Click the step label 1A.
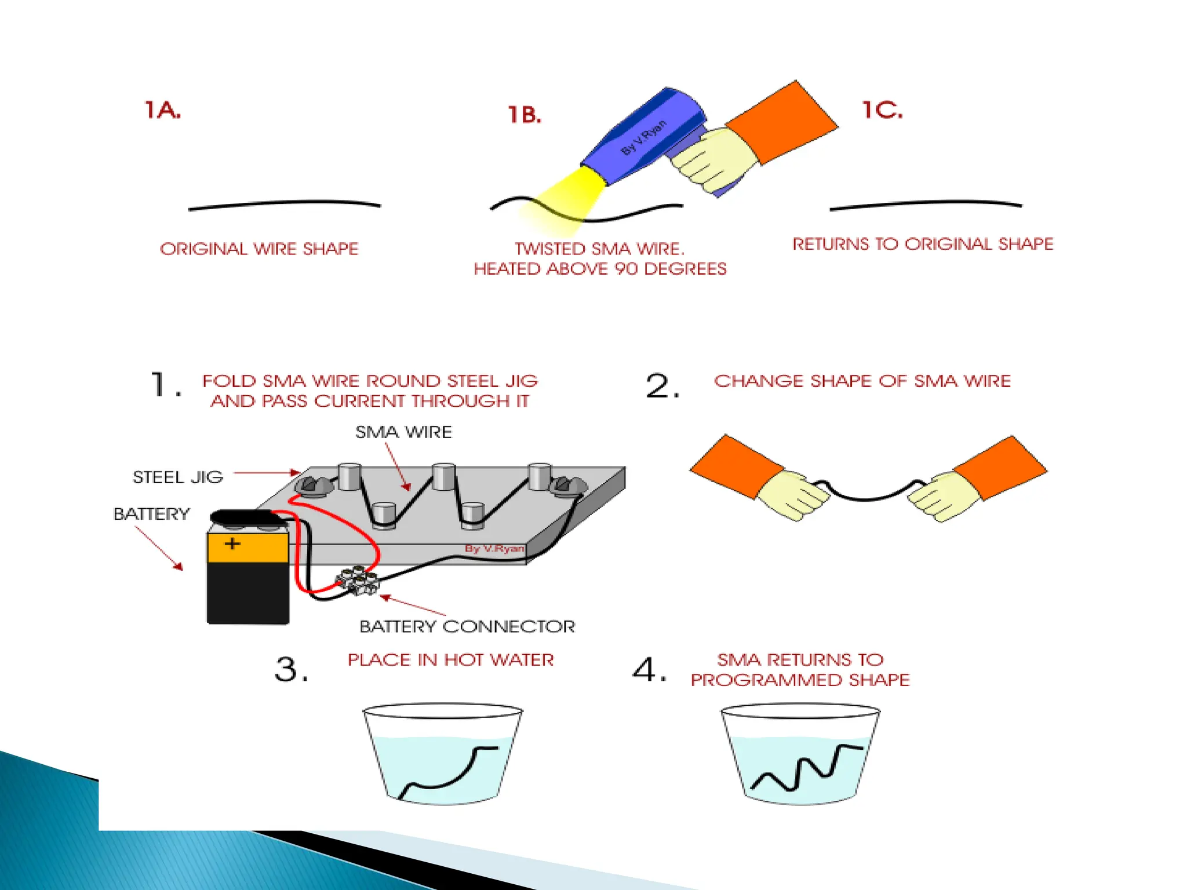click(162, 110)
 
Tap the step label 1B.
click(525, 115)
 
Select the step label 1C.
click(882, 110)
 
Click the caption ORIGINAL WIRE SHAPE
click(259, 249)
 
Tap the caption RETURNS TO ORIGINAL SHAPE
click(923, 244)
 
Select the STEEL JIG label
click(178, 477)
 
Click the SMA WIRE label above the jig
click(403, 432)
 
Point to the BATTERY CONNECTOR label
click(467, 626)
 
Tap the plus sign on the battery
click(232, 544)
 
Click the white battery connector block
click(358, 581)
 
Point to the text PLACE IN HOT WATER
click(450, 660)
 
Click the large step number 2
click(662, 386)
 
